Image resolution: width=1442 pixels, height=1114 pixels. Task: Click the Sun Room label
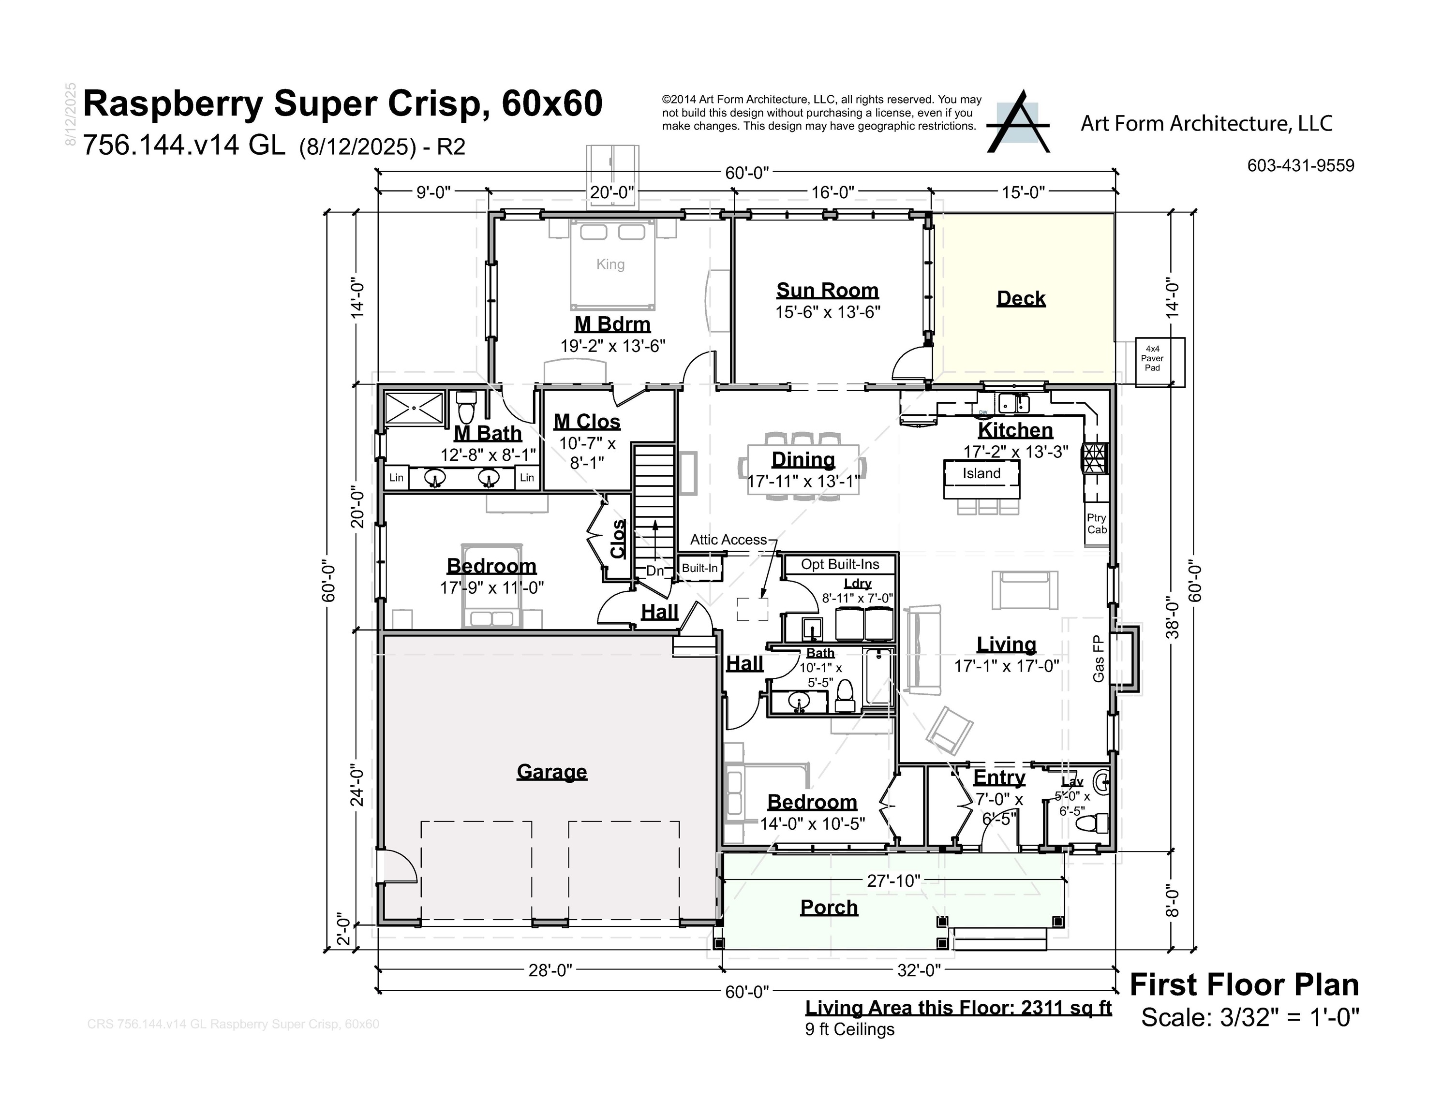pos(827,291)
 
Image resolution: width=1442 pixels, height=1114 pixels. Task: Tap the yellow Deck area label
pos(1021,298)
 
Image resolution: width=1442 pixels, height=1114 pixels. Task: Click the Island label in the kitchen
pos(981,473)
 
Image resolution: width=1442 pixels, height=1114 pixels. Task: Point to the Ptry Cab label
pos(1097,523)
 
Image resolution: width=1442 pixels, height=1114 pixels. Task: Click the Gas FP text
pos(1098,658)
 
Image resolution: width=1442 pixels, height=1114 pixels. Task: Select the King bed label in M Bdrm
pos(610,264)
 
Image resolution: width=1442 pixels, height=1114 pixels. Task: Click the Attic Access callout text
pos(728,539)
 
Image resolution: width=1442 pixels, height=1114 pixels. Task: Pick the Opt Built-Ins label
pos(840,564)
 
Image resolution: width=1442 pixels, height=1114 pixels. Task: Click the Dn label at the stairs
pos(654,570)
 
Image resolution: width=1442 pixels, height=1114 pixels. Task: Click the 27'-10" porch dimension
pos(893,880)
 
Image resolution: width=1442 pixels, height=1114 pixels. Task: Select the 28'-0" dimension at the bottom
pos(550,969)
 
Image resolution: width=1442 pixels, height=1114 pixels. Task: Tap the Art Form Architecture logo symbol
pos(1017,123)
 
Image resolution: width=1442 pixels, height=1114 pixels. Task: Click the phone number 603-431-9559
pos(1300,165)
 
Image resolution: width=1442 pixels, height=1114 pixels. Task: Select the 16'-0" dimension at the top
pos(832,192)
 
